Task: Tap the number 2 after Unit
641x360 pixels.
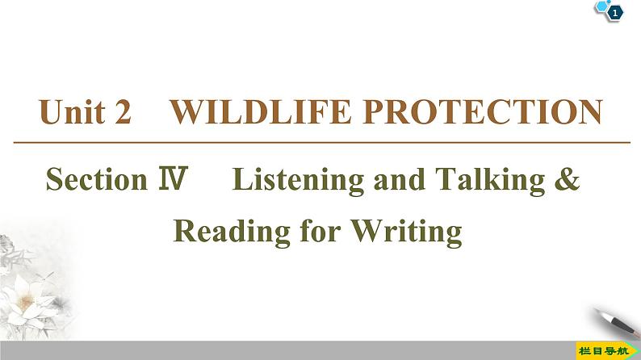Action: (x=124, y=113)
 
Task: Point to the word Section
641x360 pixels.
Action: (x=94, y=179)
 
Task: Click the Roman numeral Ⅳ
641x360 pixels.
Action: (x=173, y=179)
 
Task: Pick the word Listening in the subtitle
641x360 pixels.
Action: (x=298, y=179)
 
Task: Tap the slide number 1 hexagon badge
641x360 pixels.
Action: (x=615, y=12)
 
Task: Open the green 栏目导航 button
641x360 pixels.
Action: (x=605, y=350)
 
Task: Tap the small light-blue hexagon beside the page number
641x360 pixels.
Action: (x=601, y=6)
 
